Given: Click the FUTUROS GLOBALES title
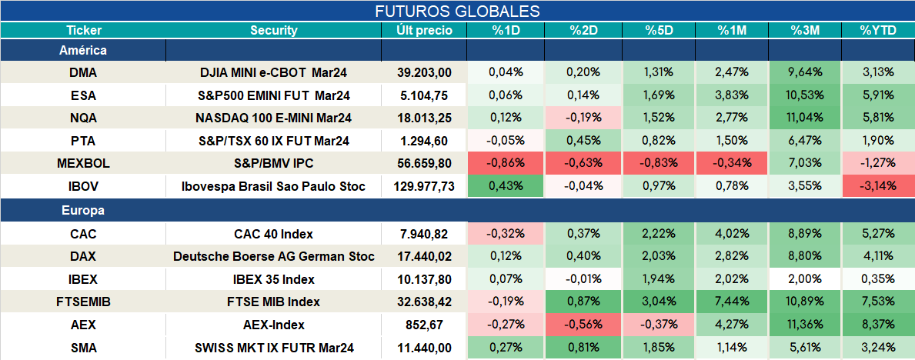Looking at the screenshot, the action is click(457, 11).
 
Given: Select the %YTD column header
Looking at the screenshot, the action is click(877, 31).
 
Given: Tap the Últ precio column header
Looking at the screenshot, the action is click(424, 31).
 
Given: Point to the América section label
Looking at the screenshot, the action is click(83, 51).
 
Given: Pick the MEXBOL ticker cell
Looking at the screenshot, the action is click(83, 164).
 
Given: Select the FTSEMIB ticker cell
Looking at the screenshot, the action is click(83, 302).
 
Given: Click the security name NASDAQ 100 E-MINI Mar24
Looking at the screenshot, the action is click(274, 118).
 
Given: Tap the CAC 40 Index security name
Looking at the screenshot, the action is click(274, 234).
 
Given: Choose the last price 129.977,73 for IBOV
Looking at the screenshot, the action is click(424, 187).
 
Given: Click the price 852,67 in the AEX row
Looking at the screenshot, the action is click(424, 325).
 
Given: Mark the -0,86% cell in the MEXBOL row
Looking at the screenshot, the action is click(506, 164).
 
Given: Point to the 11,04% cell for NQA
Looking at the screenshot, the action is click(805, 118).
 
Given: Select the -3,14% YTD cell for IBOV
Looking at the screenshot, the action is click(877, 187).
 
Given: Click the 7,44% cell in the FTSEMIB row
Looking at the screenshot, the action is click(733, 302).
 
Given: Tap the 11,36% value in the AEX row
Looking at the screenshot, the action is click(805, 325).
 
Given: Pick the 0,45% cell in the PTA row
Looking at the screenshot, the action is click(583, 142).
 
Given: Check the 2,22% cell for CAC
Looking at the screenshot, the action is click(659, 234).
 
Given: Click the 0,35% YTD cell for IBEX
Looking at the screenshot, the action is click(877, 279).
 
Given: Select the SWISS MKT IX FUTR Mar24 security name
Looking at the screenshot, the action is click(274, 348).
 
